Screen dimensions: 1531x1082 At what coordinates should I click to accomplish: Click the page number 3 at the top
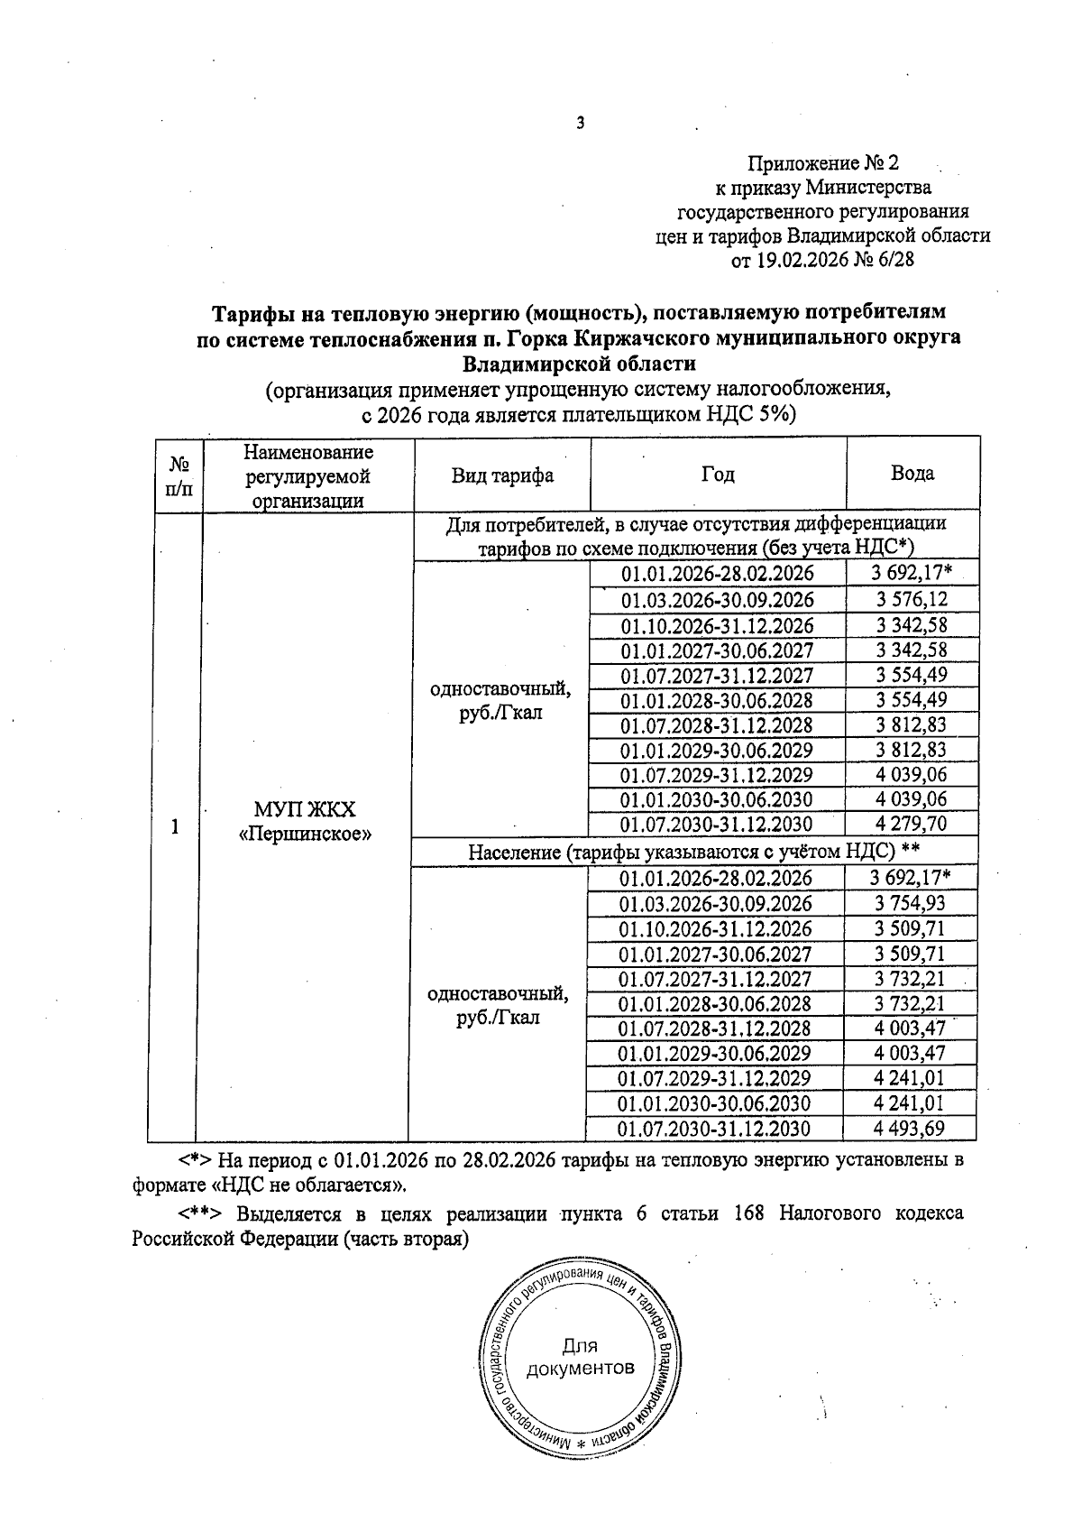(x=581, y=124)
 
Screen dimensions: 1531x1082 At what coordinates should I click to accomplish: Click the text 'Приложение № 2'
(x=823, y=163)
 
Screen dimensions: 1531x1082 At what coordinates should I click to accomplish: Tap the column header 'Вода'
(x=912, y=473)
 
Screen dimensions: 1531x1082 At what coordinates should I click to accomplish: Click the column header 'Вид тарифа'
(x=502, y=475)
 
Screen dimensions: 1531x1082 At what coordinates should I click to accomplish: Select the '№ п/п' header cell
(x=179, y=475)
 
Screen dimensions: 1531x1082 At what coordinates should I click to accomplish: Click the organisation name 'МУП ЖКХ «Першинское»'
(x=305, y=821)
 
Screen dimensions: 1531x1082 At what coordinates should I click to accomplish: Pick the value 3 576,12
(x=911, y=600)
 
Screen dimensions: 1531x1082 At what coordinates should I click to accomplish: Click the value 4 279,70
(x=911, y=824)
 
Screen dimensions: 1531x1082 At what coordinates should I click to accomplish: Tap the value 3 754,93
(x=911, y=903)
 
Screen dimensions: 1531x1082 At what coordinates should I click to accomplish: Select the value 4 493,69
(x=911, y=1128)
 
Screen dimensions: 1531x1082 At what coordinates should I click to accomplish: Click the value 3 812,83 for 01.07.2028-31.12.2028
(x=911, y=725)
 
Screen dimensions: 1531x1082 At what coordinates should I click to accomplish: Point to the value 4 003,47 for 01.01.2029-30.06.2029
(x=911, y=1053)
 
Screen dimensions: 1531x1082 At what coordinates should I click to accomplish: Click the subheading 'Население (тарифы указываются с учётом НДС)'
(x=681, y=851)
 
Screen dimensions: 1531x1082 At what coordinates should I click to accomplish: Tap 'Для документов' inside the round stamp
(x=580, y=1357)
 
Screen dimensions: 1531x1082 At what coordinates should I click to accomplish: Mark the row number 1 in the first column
(x=175, y=825)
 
